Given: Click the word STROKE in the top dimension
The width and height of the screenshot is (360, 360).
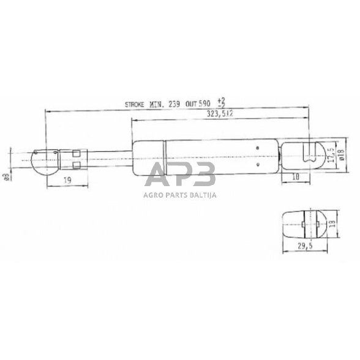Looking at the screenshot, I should pos(135,105).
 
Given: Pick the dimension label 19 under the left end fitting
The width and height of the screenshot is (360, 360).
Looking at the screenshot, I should pos(68,180).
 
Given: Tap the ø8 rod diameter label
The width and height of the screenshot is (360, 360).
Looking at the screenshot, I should pos(7,178).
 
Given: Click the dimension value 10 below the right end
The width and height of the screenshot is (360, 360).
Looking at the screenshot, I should pos(295,178).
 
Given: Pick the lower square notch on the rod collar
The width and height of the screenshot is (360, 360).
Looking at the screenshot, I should pos(77,165).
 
